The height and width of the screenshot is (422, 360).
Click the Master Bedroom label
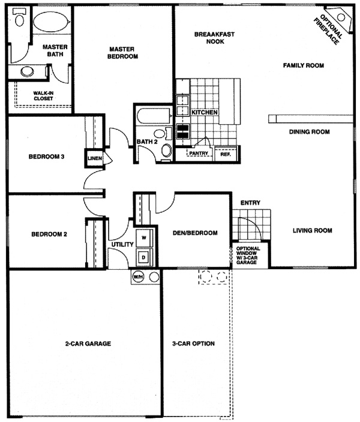(x=122, y=53)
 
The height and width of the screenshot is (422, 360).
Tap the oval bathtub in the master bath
(x=51, y=22)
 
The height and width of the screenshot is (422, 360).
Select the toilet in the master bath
(x=19, y=17)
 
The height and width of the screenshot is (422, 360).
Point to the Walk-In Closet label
(x=43, y=96)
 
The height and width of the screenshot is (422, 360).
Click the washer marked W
(x=144, y=237)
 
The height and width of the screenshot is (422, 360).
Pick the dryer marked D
(x=144, y=258)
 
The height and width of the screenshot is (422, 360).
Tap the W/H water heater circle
(x=138, y=277)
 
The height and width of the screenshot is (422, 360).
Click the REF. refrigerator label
(x=226, y=155)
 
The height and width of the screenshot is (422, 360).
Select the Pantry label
(x=199, y=153)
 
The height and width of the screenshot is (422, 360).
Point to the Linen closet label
(x=95, y=158)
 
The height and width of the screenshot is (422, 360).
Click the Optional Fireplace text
(x=328, y=29)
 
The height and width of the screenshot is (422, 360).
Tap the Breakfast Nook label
(x=214, y=38)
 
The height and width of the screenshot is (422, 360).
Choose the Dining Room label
(x=310, y=132)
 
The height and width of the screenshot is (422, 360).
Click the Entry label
(x=250, y=203)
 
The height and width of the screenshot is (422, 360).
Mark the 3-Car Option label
(x=193, y=343)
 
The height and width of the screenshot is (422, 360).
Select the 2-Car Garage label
(x=88, y=343)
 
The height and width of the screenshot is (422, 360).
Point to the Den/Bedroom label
(x=195, y=233)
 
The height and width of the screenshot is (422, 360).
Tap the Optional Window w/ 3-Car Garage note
(x=248, y=255)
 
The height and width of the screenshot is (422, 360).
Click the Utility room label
(x=122, y=245)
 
